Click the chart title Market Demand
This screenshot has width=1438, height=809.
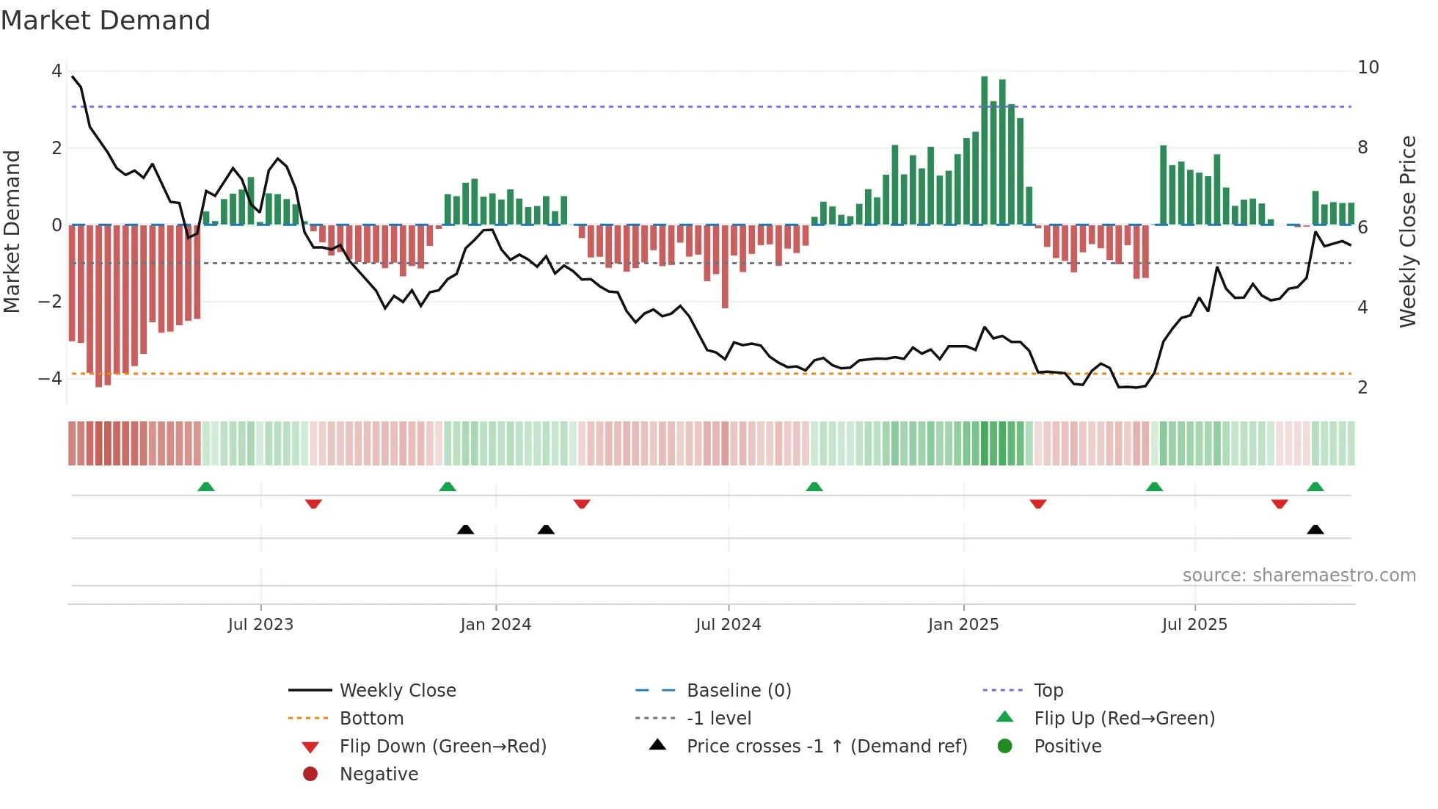106,21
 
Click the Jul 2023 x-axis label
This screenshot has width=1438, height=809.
260,625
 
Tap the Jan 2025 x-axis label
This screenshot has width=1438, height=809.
963,625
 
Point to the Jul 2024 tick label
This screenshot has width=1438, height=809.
728,625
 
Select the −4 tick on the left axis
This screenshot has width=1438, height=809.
50,379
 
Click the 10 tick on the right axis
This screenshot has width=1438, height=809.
1368,68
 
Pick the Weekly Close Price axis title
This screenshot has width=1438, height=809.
1407,231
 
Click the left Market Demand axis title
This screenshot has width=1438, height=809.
12,231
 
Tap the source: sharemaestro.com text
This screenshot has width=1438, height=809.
1299,576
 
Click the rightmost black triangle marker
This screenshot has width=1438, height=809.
1315,529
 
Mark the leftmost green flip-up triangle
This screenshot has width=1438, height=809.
206,487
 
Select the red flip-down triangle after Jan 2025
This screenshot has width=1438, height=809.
1037,504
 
